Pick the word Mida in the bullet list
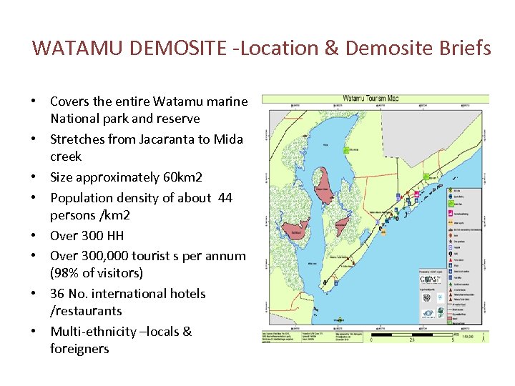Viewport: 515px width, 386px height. click(x=228, y=139)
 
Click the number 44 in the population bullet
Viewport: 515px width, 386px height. click(x=224, y=197)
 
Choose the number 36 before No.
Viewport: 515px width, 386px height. click(x=57, y=294)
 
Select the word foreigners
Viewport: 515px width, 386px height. click(x=79, y=349)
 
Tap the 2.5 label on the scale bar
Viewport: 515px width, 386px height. click(x=413, y=339)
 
